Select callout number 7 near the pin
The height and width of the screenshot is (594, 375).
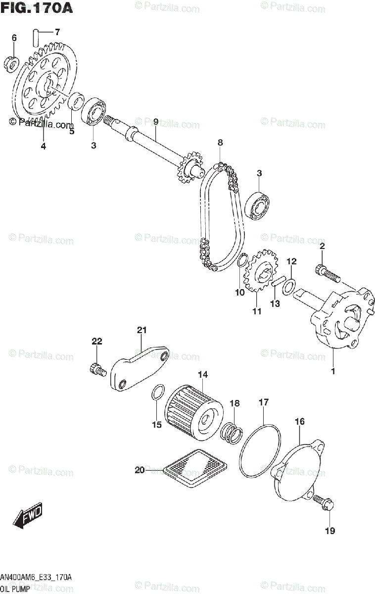coord(57,33)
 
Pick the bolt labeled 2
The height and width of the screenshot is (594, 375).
coord(327,274)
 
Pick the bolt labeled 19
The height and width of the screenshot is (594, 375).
coord(324,504)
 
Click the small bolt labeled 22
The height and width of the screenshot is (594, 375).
coord(97,369)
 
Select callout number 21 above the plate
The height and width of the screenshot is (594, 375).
coord(142,330)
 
